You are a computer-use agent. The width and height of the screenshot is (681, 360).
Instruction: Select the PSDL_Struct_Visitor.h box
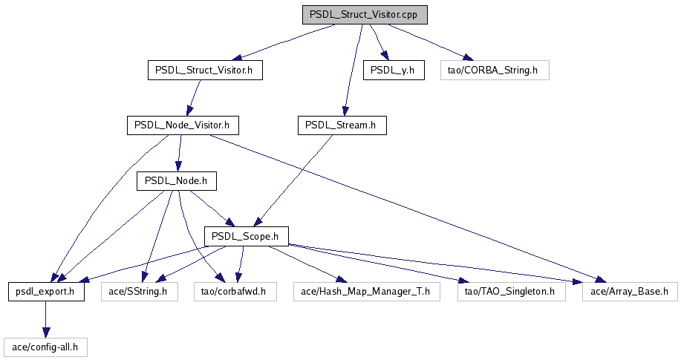click(205, 71)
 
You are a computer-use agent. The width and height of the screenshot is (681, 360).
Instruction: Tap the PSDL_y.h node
click(394, 71)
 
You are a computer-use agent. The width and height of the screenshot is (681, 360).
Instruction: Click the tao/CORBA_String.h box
click(493, 71)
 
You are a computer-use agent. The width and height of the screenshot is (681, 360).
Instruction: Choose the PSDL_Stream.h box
click(342, 125)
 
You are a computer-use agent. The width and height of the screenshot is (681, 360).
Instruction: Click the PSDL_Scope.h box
click(245, 236)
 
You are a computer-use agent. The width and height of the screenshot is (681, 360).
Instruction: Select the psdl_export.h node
click(46, 292)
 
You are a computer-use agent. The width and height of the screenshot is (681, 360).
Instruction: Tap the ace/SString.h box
click(139, 292)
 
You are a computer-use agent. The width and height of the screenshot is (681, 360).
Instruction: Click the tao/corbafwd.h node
click(235, 292)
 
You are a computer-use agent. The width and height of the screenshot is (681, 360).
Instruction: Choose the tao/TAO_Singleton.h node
click(511, 292)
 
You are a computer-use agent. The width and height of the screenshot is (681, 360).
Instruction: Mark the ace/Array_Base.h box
click(630, 292)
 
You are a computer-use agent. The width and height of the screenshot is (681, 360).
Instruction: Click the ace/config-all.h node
click(45, 347)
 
